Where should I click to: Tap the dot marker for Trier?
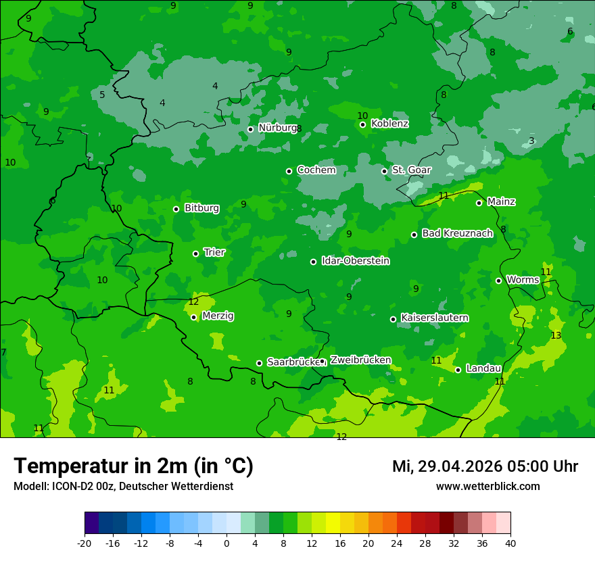(x=195, y=253)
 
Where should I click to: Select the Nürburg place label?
(x=277, y=128)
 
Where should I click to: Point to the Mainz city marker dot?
(x=479, y=203)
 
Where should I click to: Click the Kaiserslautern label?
(x=435, y=318)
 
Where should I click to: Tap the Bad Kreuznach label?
(x=457, y=233)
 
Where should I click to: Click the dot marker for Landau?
(x=458, y=370)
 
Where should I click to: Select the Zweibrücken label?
(x=360, y=360)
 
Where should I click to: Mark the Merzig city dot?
(x=193, y=317)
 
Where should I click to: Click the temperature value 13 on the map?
(x=556, y=336)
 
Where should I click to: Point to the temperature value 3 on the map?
(x=531, y=141)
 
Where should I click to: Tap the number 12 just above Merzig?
(x=193, y=302)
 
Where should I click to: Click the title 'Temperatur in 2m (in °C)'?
(x=133, y=466)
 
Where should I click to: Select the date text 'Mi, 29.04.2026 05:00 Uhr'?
(x=485, y=466)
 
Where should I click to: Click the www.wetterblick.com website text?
(x=487, y=487)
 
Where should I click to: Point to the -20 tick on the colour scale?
(x=85, y=543)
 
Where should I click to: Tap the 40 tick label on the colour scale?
(x=510, y=543)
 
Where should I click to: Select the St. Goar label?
(x=411, y=170)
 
